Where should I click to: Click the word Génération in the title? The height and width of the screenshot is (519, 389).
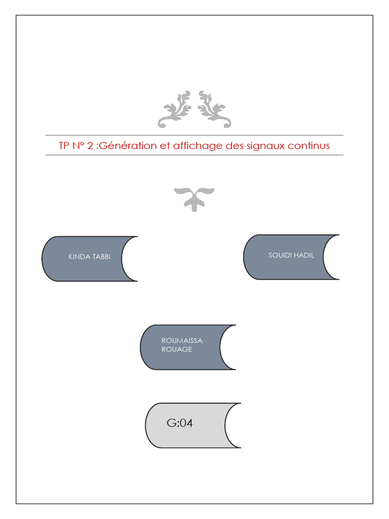point(128,145)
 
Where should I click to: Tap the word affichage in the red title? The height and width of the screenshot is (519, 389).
point(198,146)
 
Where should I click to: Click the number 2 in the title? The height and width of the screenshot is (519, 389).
point(90,145)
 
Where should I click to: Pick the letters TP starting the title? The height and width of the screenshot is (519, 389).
point(64,145)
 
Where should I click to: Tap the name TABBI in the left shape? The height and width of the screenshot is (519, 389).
point(101,256)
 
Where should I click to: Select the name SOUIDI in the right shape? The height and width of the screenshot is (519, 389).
point(279,255)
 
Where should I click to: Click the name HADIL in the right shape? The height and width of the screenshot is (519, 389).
point(303,255)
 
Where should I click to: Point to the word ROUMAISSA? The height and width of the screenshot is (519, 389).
point(182,341)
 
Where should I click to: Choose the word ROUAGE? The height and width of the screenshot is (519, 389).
point(177,349)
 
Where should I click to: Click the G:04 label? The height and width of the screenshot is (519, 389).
point(180,423)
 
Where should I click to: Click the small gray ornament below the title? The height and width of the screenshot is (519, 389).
point(194,199)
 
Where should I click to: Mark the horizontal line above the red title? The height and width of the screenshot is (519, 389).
point(194,135)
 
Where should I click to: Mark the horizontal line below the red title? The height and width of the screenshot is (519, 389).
point(194,155)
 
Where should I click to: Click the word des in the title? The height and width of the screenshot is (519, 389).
point(235,145)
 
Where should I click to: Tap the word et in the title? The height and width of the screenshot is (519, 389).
point(165,146)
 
